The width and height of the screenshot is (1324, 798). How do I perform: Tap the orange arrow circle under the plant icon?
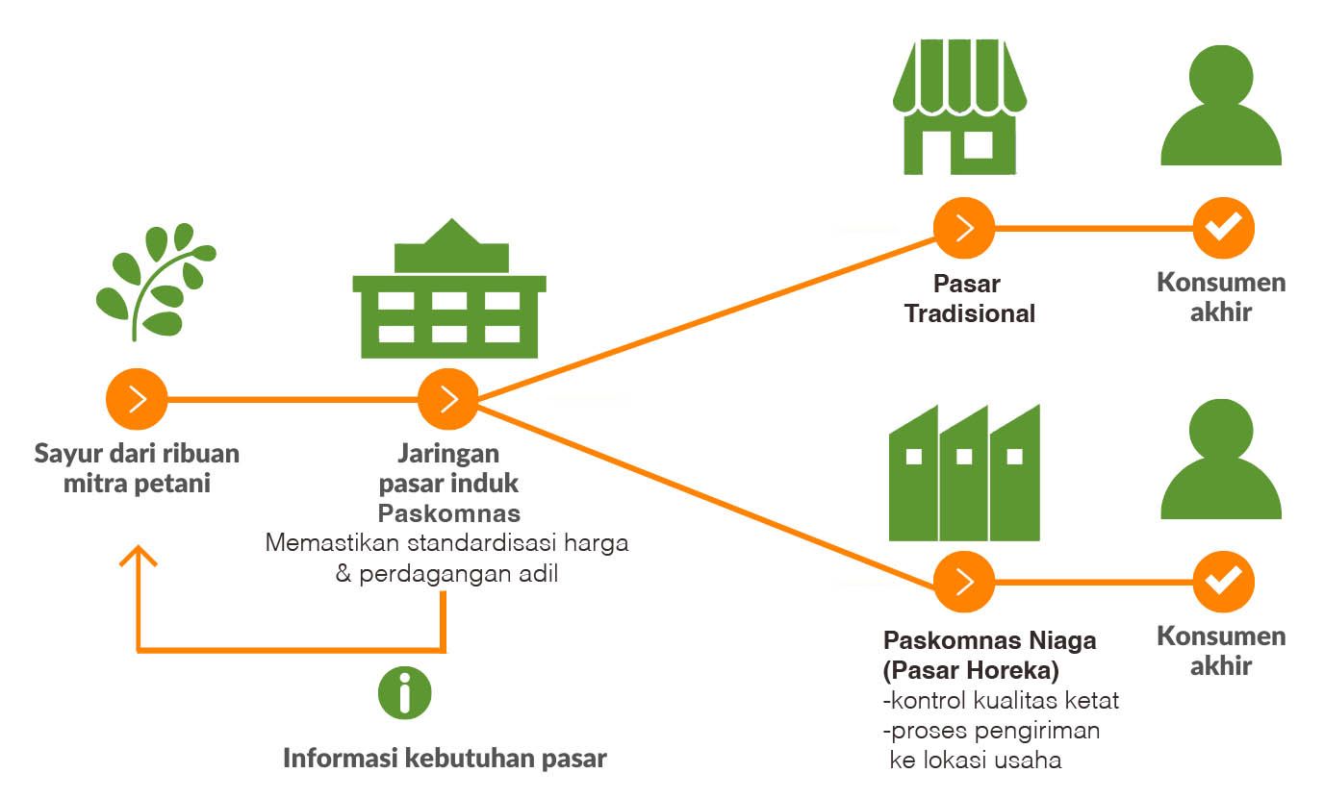tap(137, 398)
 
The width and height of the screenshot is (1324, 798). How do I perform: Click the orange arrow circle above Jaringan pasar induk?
tap(448, 398)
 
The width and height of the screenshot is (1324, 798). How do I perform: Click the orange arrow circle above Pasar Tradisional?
tap(964, 229)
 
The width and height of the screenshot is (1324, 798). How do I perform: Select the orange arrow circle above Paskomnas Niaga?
tap(964, 582)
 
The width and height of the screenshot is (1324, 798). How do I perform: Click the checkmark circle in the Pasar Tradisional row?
tap(1222, 229)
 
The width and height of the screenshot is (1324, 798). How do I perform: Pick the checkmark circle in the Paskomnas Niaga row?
tap(1222, 582)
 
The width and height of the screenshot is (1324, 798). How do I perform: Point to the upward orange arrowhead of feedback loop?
tap(140, 558)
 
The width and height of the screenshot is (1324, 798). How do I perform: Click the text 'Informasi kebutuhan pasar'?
tap(445, 758)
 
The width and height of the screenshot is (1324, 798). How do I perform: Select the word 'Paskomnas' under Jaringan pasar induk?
tap(448, 512)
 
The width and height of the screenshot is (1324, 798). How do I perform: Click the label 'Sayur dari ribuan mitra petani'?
tap(137, 467)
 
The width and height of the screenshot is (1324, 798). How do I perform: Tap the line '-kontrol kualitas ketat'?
tap(1001, 700)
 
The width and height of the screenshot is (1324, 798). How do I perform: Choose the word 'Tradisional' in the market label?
tap(970, 313)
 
